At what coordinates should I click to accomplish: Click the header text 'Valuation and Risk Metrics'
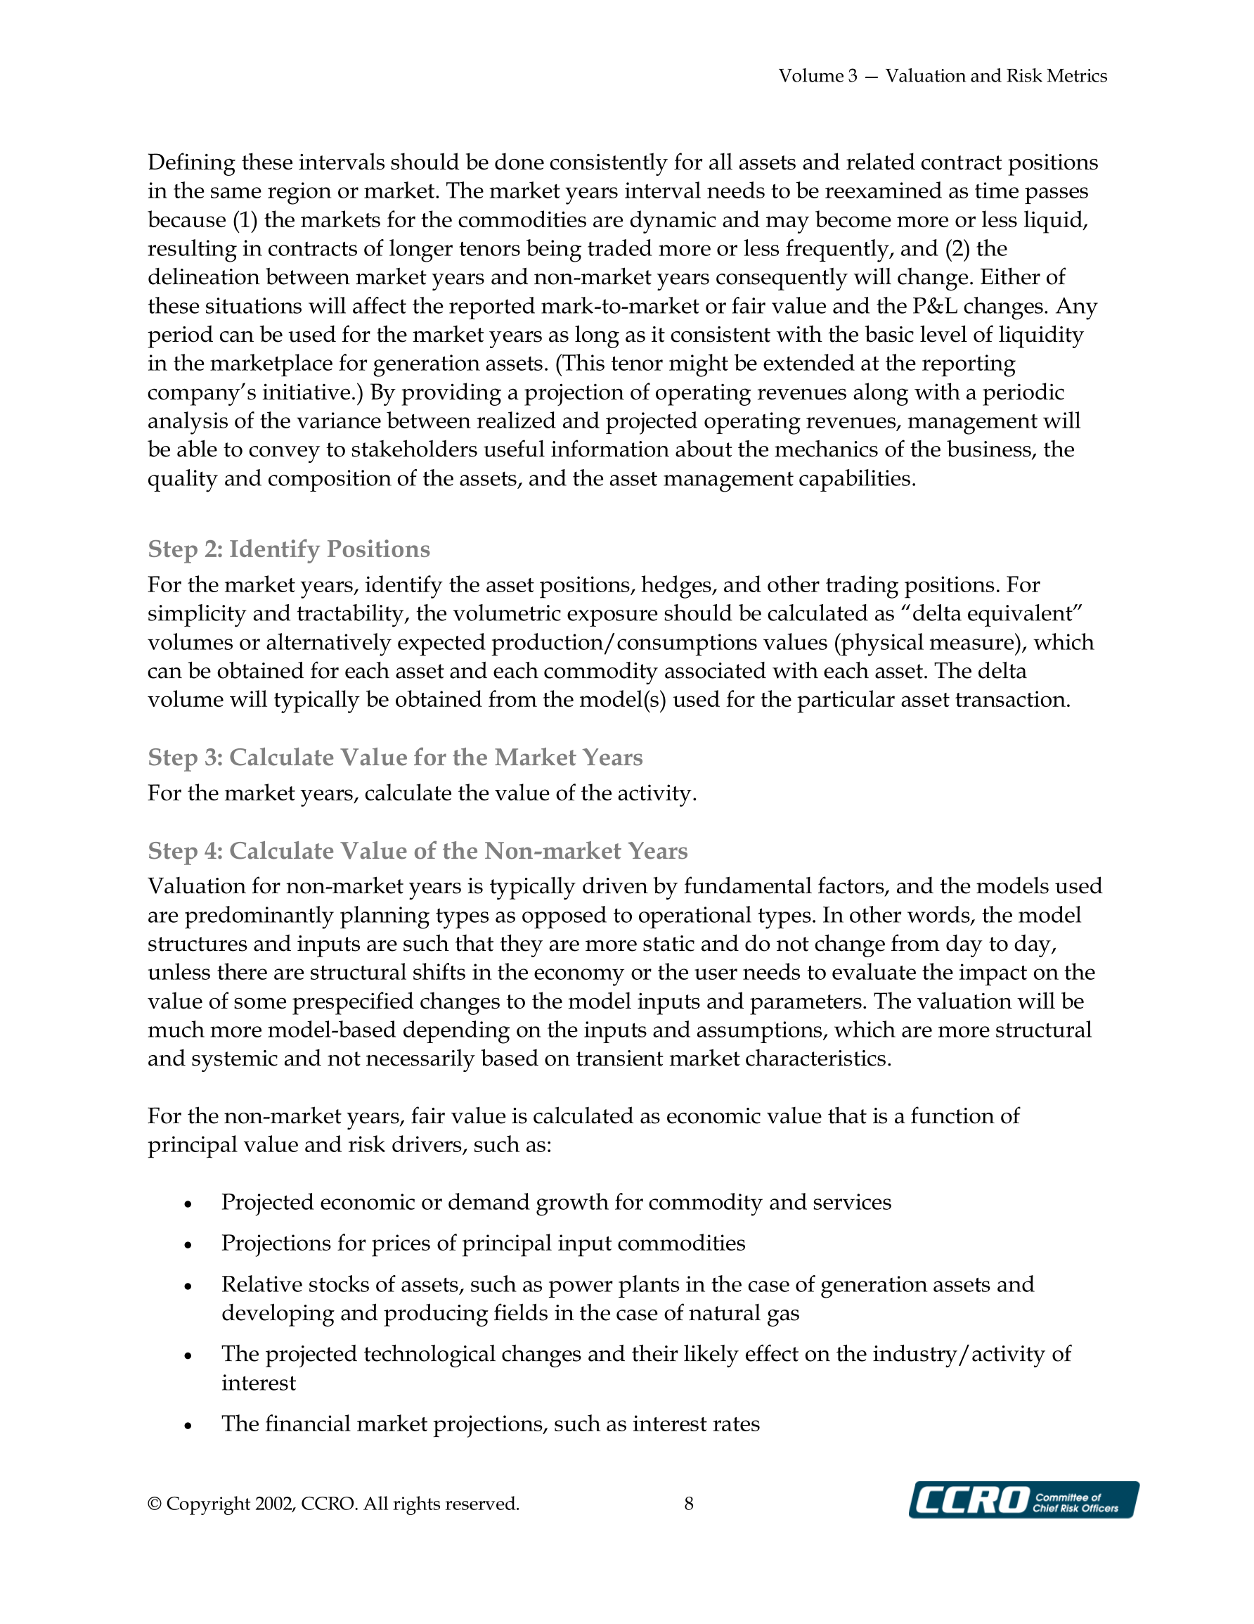(x=995, y=76)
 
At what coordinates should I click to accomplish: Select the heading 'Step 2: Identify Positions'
(x=288, y=549)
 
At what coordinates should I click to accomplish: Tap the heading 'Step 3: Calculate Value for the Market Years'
(x=395, y=757)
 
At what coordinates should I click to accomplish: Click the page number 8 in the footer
(x=689, y=1504)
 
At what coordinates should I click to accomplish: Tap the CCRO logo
(x=1023, y=1499)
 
